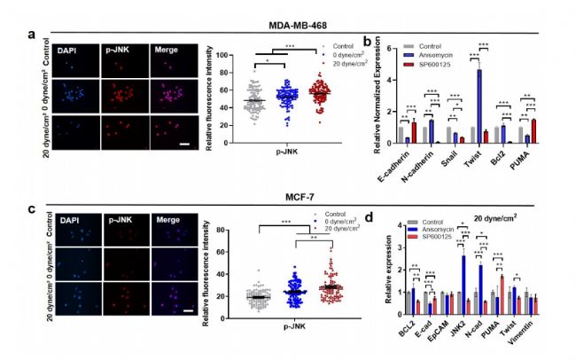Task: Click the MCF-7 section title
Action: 290,192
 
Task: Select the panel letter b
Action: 367,41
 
